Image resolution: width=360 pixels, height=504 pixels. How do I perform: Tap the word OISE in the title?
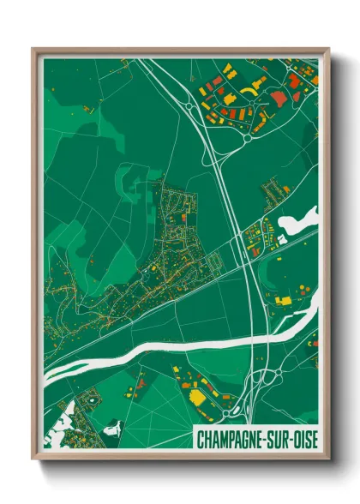click(304, 440)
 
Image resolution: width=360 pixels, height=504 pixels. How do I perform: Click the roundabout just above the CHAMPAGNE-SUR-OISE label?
click(225, 417)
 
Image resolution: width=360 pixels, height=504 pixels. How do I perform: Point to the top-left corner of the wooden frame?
click(33, 49)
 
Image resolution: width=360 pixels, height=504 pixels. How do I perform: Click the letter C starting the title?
click(201, 440)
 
